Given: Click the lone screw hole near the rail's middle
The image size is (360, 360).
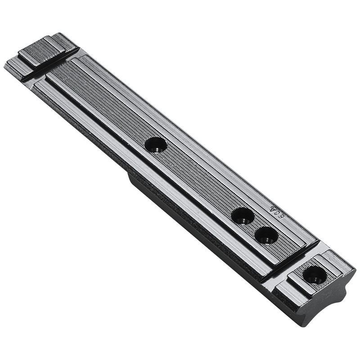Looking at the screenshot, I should coord(156,144).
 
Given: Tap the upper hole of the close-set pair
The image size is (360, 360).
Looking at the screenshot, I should coord(243,216).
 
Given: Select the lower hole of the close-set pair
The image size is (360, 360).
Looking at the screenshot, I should coord(266,235).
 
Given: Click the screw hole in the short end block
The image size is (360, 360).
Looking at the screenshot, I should coord(315,274).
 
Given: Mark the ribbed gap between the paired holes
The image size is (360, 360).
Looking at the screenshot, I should coord(255,225).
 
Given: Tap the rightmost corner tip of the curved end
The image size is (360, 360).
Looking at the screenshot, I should coord(355,273).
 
